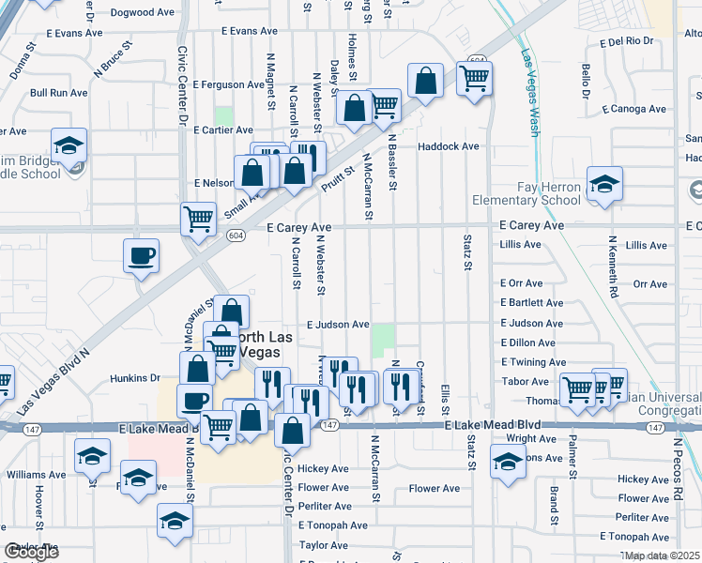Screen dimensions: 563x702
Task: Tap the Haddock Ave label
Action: [449, 146]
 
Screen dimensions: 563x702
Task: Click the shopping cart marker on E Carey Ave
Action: [198, 218]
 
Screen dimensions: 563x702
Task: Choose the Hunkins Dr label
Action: [136, 378]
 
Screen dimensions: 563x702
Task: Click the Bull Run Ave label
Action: [58, 93]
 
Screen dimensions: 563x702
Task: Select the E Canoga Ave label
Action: [634, 109]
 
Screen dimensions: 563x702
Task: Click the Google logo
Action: [32, 552]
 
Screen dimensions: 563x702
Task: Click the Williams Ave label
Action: [36, 475]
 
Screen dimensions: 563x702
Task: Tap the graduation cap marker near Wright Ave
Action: [508, 464]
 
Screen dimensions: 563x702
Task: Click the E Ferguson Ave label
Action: [228, 84]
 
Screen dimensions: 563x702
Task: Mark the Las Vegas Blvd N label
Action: [53, 383]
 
